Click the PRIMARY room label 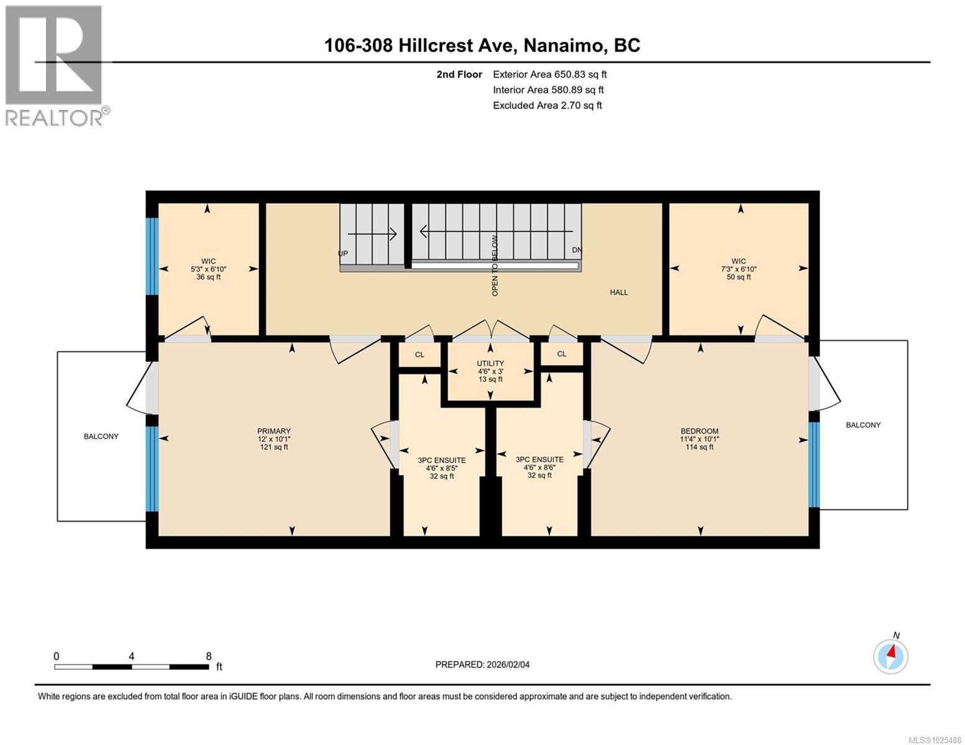[274, 431]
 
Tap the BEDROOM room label [699, 431]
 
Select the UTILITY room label [490, 363]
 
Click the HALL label [618, 292]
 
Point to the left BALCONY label [101, 436]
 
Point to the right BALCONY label [863, 425]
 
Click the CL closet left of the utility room [419, 354]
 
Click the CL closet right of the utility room [562, 354]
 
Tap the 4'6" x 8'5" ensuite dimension [442, 469]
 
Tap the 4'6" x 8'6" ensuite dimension [539, 467]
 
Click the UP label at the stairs [342, 254]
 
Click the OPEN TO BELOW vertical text [495, 265]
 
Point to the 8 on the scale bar [208, 656]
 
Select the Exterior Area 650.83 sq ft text [549, 74]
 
